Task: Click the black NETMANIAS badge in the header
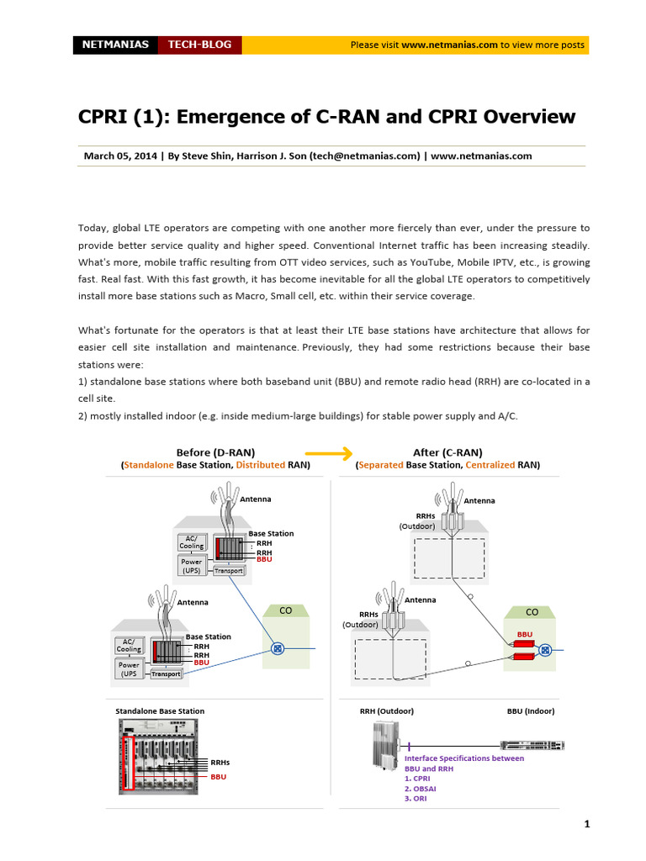[x=115, y=45]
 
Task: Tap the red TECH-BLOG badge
[x=199, y=45]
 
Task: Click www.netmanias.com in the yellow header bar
[x=449, y=45]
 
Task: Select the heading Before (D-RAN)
[x=215, y=452]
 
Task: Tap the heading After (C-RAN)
[x=447, y=452]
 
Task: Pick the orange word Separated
[x=381, y=465]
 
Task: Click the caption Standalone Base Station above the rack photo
[x=160, y=711]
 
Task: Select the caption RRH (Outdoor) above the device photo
[x=387, y=711]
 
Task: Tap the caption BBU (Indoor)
[x=531, y=711]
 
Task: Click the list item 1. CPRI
[x=417, y=779]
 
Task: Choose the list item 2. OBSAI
[x=420, y=789]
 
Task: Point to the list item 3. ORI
[x=416, y=799]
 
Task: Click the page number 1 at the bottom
[x=586, y=824]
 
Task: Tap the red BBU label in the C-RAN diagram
[x=525, y=633]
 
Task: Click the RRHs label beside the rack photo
[x=220, y=763]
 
